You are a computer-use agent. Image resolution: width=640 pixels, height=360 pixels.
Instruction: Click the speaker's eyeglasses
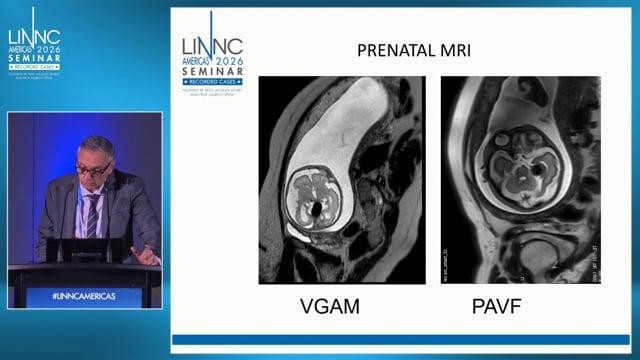(93, 169)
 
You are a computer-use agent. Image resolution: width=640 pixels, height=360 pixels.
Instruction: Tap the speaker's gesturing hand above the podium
(146, 254)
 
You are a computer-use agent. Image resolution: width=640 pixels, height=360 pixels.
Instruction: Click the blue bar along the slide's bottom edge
(400, 339)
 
